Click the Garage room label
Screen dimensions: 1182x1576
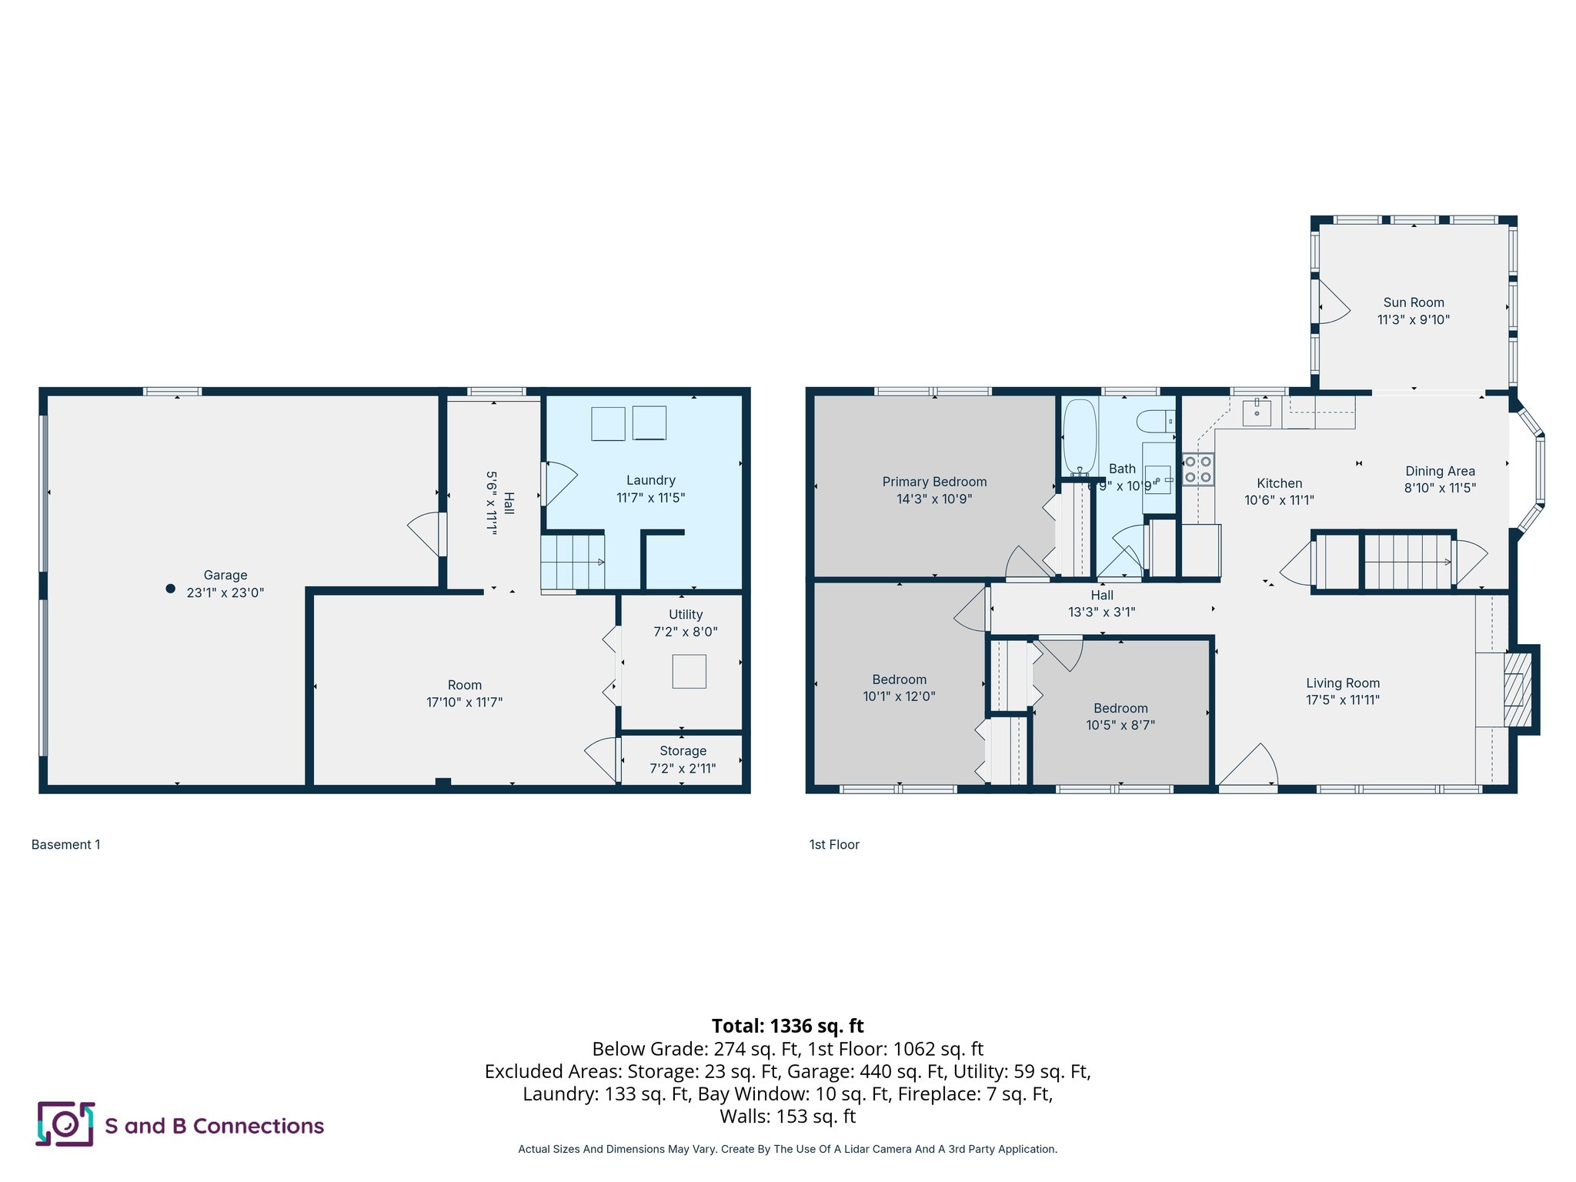coord(225,575)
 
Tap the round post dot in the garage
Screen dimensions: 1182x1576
coord(171,589)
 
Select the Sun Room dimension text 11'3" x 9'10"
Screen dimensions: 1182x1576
coord(1413,319)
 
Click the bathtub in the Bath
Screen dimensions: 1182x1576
coord(1079,436)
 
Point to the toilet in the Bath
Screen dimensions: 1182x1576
coord(1154,421)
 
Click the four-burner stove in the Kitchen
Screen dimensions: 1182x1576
coord(1197,469)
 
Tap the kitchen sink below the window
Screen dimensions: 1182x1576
coord(1257,412)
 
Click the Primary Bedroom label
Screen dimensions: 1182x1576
coord(934,482)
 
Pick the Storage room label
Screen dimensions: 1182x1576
coord(683,751)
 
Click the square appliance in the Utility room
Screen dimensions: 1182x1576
coord(689,671)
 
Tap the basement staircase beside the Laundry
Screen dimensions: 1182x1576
coord(572,562)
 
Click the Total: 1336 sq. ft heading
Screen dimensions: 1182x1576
coord(787,1026)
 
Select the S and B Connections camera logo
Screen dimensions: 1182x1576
coord(65,1124)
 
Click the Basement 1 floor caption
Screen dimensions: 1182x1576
coord(66,844)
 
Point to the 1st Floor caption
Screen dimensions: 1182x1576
coord(834,844)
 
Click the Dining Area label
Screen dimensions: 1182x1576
coord(1440,471)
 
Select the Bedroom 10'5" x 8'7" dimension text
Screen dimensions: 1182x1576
coord(1120,725)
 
